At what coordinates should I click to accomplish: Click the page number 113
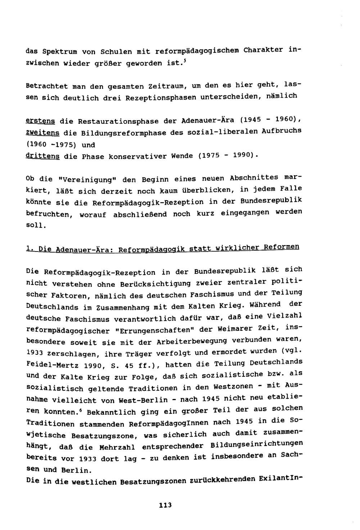(x=166, y=505)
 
